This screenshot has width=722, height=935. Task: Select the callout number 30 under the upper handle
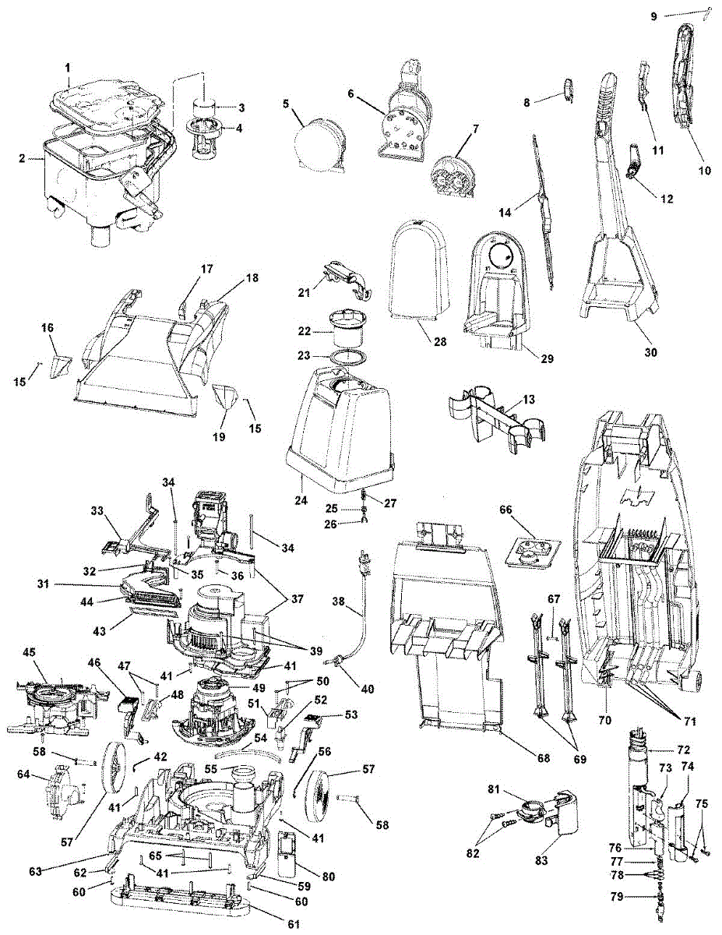coord(650,352)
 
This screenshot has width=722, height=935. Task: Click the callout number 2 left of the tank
coord(23,160)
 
